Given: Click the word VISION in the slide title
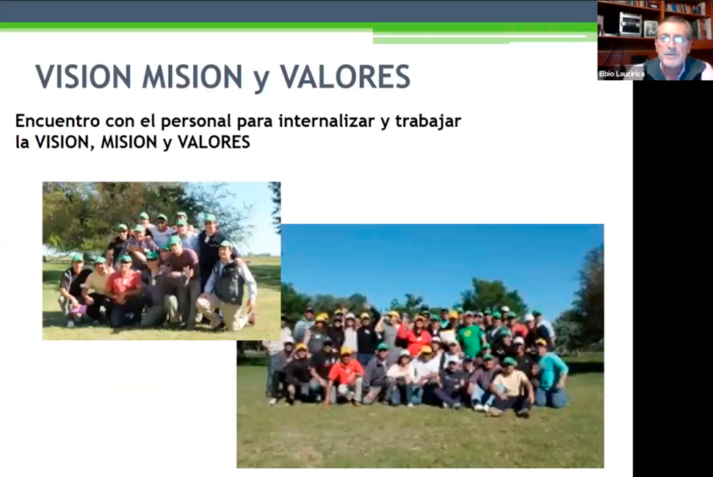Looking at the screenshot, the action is [x=84, y=76].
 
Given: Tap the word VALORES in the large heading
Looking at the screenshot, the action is [x=345, y=76].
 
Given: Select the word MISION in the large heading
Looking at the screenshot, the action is [x=192, y=76].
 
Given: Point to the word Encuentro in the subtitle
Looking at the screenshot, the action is [x=58, y=121].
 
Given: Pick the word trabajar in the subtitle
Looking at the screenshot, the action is [x=428, y=121].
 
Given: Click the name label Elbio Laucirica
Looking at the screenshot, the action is [x=621, y=73].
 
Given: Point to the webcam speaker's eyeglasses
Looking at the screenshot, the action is [x=672, y=40].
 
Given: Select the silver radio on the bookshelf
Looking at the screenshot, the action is [x=630, y=24].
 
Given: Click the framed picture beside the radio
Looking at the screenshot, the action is [x=650, y=29].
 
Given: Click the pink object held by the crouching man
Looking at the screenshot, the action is [x=79, y=310].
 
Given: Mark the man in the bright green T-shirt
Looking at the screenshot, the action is [x=470, y=336].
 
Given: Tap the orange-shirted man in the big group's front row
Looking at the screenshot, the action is [x=345, y=376].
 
